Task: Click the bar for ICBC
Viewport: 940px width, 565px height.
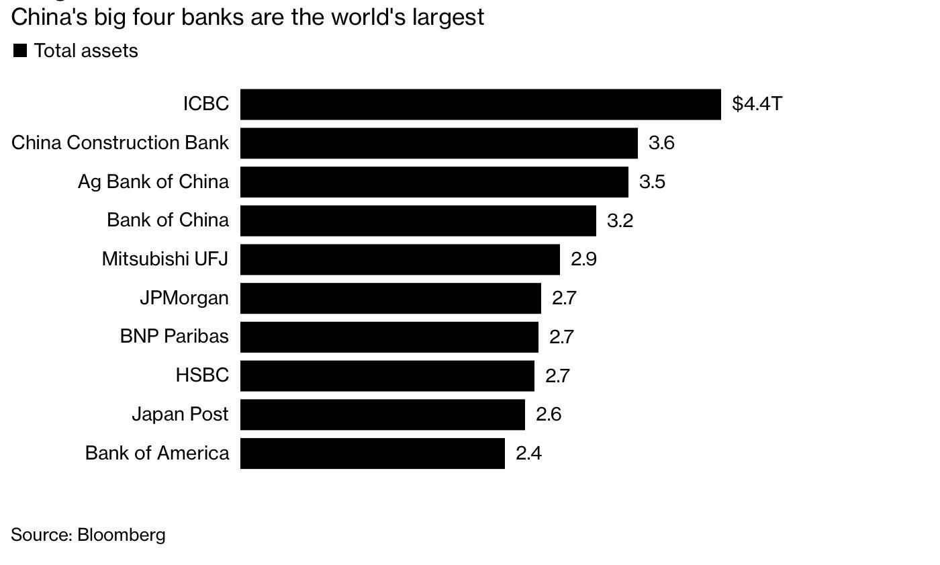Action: coord(480,104)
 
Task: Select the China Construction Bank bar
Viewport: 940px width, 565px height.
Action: coord(438,143)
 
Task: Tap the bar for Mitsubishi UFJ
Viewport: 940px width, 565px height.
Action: coord(399,259)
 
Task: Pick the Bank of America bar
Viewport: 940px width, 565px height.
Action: coord(372,453)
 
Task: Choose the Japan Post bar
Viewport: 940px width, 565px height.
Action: coord(382,415)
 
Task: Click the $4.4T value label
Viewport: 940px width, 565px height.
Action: coord(757,104)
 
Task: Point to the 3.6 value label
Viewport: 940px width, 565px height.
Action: coord(661,143)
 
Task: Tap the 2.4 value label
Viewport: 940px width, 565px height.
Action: coord(528,453)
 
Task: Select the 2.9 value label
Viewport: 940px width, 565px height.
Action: coord(583,259)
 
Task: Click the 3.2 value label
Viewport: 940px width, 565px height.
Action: coord(620,220)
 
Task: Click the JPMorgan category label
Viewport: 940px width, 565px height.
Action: coord(184,298)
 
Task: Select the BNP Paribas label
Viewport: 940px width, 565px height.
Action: coord(174,336)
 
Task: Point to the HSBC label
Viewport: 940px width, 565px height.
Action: coord(202,375)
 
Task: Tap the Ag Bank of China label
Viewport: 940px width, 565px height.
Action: coord(153,181)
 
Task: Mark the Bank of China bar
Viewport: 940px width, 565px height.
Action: coord(418,220)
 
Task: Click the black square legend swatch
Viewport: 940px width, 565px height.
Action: coord(20,50)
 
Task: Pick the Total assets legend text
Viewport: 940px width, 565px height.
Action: coord(86,51)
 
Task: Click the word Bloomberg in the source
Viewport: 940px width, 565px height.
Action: coord(121,535)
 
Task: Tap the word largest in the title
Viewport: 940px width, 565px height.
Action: coord(448,17)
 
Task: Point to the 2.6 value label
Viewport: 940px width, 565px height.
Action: coord(549,415)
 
